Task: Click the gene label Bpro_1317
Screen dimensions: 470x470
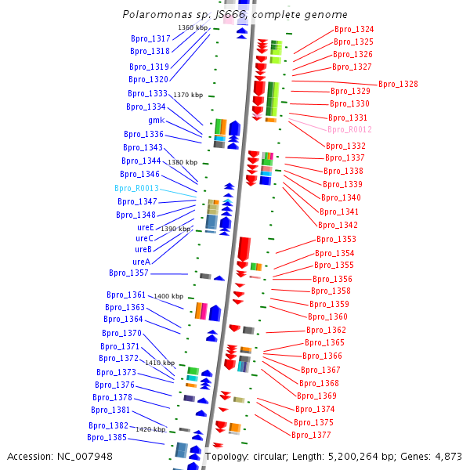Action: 150,38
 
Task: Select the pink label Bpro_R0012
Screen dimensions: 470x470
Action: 349,129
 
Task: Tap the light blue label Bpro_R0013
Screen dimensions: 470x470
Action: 136,189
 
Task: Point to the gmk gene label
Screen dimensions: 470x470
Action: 156,120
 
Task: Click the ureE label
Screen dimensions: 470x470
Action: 145,227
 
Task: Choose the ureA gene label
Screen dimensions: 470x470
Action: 141,262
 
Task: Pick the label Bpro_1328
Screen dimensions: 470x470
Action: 398,84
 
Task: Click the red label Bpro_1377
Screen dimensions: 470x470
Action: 311,435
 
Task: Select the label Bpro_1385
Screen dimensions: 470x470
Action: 107,437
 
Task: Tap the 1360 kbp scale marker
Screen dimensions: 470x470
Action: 192,27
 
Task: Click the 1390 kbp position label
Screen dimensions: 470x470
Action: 175,229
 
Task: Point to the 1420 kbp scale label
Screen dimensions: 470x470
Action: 150,429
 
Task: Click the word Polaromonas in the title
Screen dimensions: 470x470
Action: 154,14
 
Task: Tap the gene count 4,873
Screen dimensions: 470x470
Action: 447,456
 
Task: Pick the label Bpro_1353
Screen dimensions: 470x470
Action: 336,239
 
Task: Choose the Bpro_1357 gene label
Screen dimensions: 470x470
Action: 128,273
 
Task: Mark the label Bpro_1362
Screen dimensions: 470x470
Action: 326,330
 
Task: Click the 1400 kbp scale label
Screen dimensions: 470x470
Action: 168,296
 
